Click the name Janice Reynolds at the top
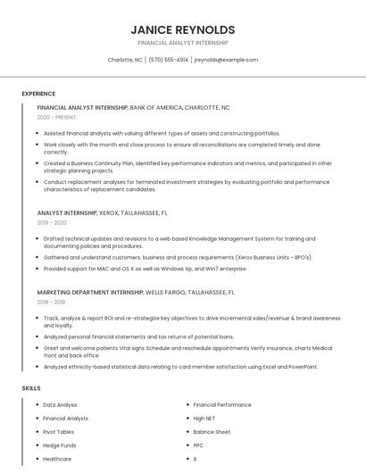tap(183, 29)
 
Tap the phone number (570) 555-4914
tap(168, 60)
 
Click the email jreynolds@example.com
tap(226, 60)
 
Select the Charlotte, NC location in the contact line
tap(125, 60)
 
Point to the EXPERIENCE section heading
tap(38, 94)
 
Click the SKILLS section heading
tap(31, 388)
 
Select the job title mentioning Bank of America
tap(133, 107)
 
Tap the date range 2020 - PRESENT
tap(56, 117)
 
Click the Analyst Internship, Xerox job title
tap(102, 213)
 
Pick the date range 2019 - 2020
tap(52, 223)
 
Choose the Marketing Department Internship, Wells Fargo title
tap(136, 292)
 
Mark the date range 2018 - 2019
tap(52, 302)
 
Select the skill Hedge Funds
tap(60, 444)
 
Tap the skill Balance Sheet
tap(212, 431)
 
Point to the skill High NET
tap(205, 418)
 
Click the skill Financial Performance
tap(222, 404)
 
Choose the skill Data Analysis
tap(61, 404)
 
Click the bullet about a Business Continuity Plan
tap(187, 167)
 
